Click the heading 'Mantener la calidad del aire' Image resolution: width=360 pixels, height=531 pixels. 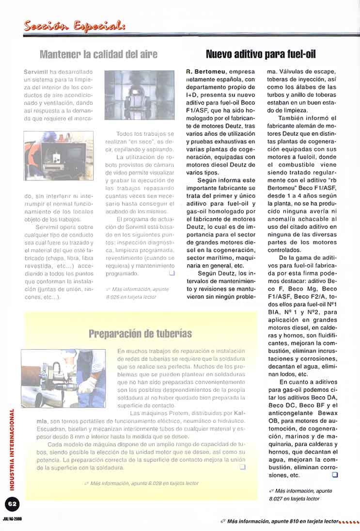pyautogui.click(x=98, y=54)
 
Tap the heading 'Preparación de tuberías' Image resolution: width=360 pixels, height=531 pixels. pyautogui.click(x=140, y=334)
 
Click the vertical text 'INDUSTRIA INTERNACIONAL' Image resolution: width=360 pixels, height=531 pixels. pyautogui.click(x=12, y=449)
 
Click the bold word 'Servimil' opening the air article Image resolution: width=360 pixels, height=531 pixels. pyautogui.click(x=35, y=72)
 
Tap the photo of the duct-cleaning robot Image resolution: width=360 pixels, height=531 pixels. pyautogui.click(x=140, y=95)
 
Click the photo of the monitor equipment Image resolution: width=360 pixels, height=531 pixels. pyautogui.click(x=59, y=155)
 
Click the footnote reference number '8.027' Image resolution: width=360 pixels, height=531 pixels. pyautogui.click(x=277, y=498)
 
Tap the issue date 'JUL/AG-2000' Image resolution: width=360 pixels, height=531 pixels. pyautogui.click(x=12, y=518)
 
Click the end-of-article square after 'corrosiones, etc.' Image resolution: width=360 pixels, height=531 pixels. pyautogui.click(x=334, y=475)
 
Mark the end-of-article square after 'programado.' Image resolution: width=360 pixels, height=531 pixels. pyautogui.click(x=171, y=274)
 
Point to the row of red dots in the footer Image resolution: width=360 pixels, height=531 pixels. pyautogui.click(x=349, y=522)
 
